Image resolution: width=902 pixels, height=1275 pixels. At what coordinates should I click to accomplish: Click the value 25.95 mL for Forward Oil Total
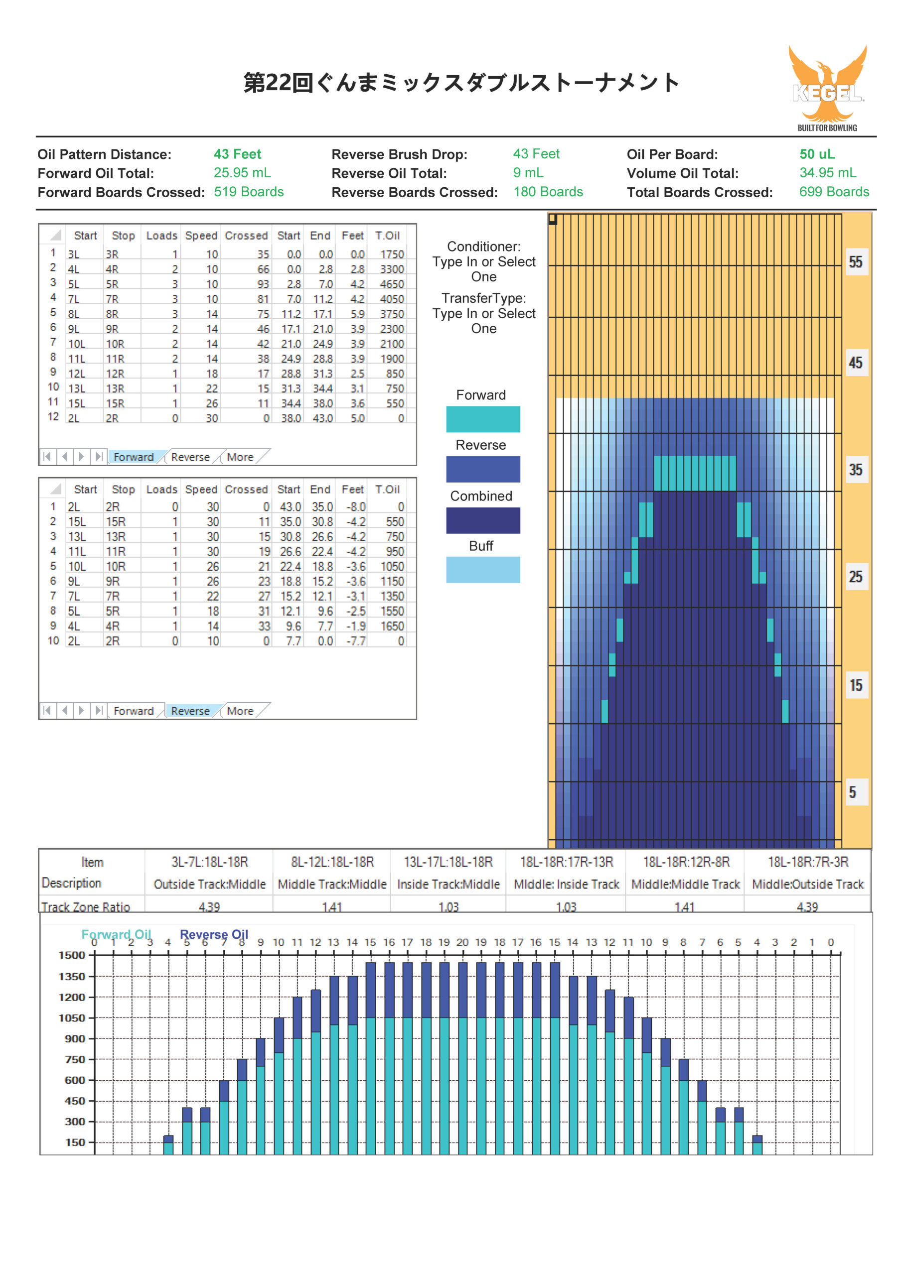[242, 173]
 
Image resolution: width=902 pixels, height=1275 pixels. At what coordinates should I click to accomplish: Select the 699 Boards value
[834, 192]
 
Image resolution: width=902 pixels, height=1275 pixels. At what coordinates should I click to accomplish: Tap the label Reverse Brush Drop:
[399, 154]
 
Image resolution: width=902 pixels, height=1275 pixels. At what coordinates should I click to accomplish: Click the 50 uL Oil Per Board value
[817, 154]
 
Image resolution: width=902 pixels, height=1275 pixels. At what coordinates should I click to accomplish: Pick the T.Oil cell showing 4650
[392, 284]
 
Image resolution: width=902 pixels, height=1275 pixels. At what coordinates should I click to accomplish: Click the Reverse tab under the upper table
[190, 457]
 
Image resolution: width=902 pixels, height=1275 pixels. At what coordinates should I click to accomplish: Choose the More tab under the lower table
[240, 711]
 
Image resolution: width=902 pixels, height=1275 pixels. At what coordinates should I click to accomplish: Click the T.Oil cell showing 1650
[392, 626]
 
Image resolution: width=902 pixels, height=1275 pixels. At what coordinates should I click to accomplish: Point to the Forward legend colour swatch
[483, 419]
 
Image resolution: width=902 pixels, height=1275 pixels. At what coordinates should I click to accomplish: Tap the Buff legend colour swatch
[483, 570]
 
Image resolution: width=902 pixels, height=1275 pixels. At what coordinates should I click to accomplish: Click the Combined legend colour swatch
[483, 520]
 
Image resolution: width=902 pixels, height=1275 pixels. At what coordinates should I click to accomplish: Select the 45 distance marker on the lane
[855, 363]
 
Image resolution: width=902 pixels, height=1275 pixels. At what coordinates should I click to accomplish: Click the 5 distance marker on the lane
[852, 792]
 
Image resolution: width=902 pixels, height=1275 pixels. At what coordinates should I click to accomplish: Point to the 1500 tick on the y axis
[72, 955]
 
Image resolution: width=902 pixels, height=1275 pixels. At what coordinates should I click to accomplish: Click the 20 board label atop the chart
[462, 942]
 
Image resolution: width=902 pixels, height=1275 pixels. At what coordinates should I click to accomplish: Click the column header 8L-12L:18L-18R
[332, 862]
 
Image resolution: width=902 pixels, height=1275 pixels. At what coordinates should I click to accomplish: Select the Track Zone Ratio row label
[86, 907]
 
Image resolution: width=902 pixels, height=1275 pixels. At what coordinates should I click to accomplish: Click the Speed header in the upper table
[201, 236]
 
